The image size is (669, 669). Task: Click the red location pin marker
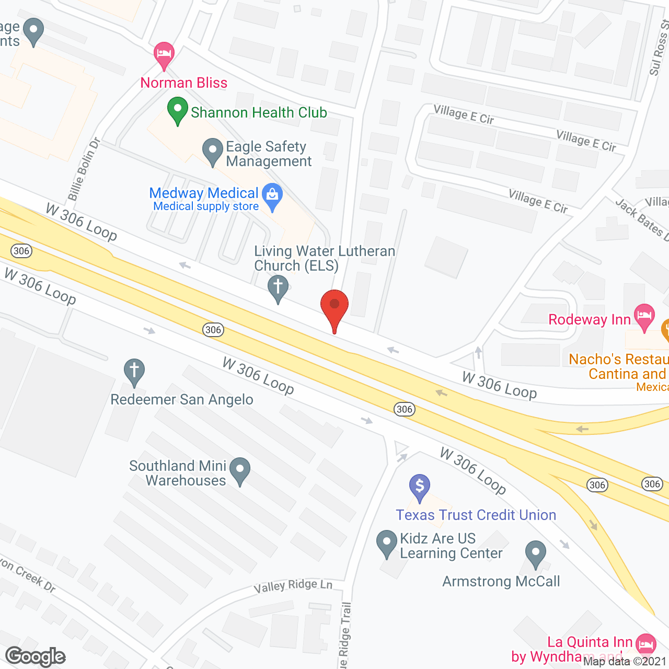pos(334,306)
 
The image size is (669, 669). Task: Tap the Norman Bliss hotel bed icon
pos(164,54)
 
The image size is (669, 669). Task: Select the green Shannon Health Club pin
pos(178,111)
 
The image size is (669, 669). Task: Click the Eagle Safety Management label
pos(268,154)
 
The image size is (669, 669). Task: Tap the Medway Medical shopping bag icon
pos(272,196)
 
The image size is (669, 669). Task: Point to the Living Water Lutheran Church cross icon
pos(278,287)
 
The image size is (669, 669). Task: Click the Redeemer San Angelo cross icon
pos(134,371)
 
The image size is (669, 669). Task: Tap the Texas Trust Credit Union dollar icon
pos(420,487)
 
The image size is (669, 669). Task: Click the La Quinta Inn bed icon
pos(647,643)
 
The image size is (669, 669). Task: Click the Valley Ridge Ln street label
pos(293,586)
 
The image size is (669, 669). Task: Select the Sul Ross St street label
pos(659,48)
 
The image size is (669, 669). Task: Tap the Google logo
pos(36,656)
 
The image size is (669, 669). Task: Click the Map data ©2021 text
pos(625,662)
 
